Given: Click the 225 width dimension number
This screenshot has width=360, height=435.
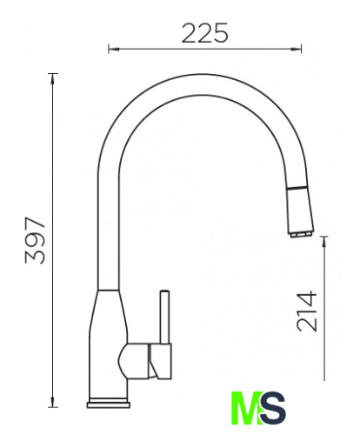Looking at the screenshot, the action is point(205,33).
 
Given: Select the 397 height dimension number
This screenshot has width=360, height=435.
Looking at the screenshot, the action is point(35,240).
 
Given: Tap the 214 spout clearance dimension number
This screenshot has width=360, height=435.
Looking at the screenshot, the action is point(307,311).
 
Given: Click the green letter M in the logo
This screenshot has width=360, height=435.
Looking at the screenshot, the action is point(246,408).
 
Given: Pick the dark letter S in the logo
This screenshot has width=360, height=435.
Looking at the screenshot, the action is point(272,408).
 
